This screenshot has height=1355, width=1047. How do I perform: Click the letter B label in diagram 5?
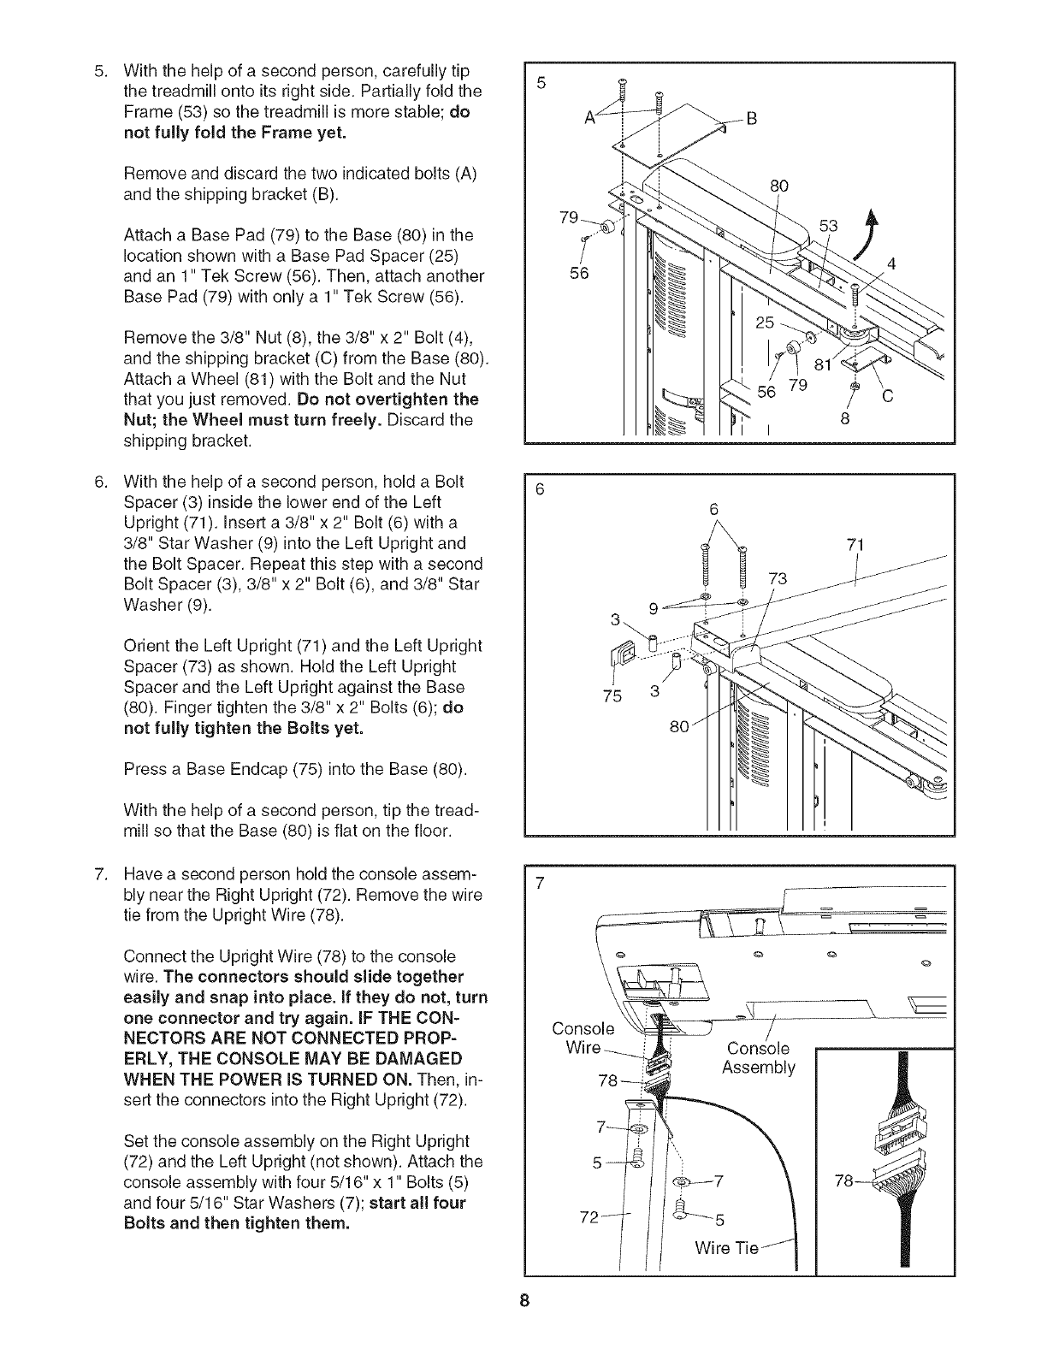tap(752, 119)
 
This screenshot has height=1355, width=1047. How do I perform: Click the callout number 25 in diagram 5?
tap(766, 322)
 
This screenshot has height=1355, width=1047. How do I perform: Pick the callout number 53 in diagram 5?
tap(830, 226)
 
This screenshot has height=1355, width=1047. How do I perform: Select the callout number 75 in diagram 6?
tap(612, 695)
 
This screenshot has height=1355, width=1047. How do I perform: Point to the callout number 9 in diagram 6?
tap(654, 609)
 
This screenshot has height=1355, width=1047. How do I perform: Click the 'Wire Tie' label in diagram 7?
tap(727, 1248)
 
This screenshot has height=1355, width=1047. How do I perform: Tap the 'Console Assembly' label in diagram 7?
tap(759, 1058)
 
